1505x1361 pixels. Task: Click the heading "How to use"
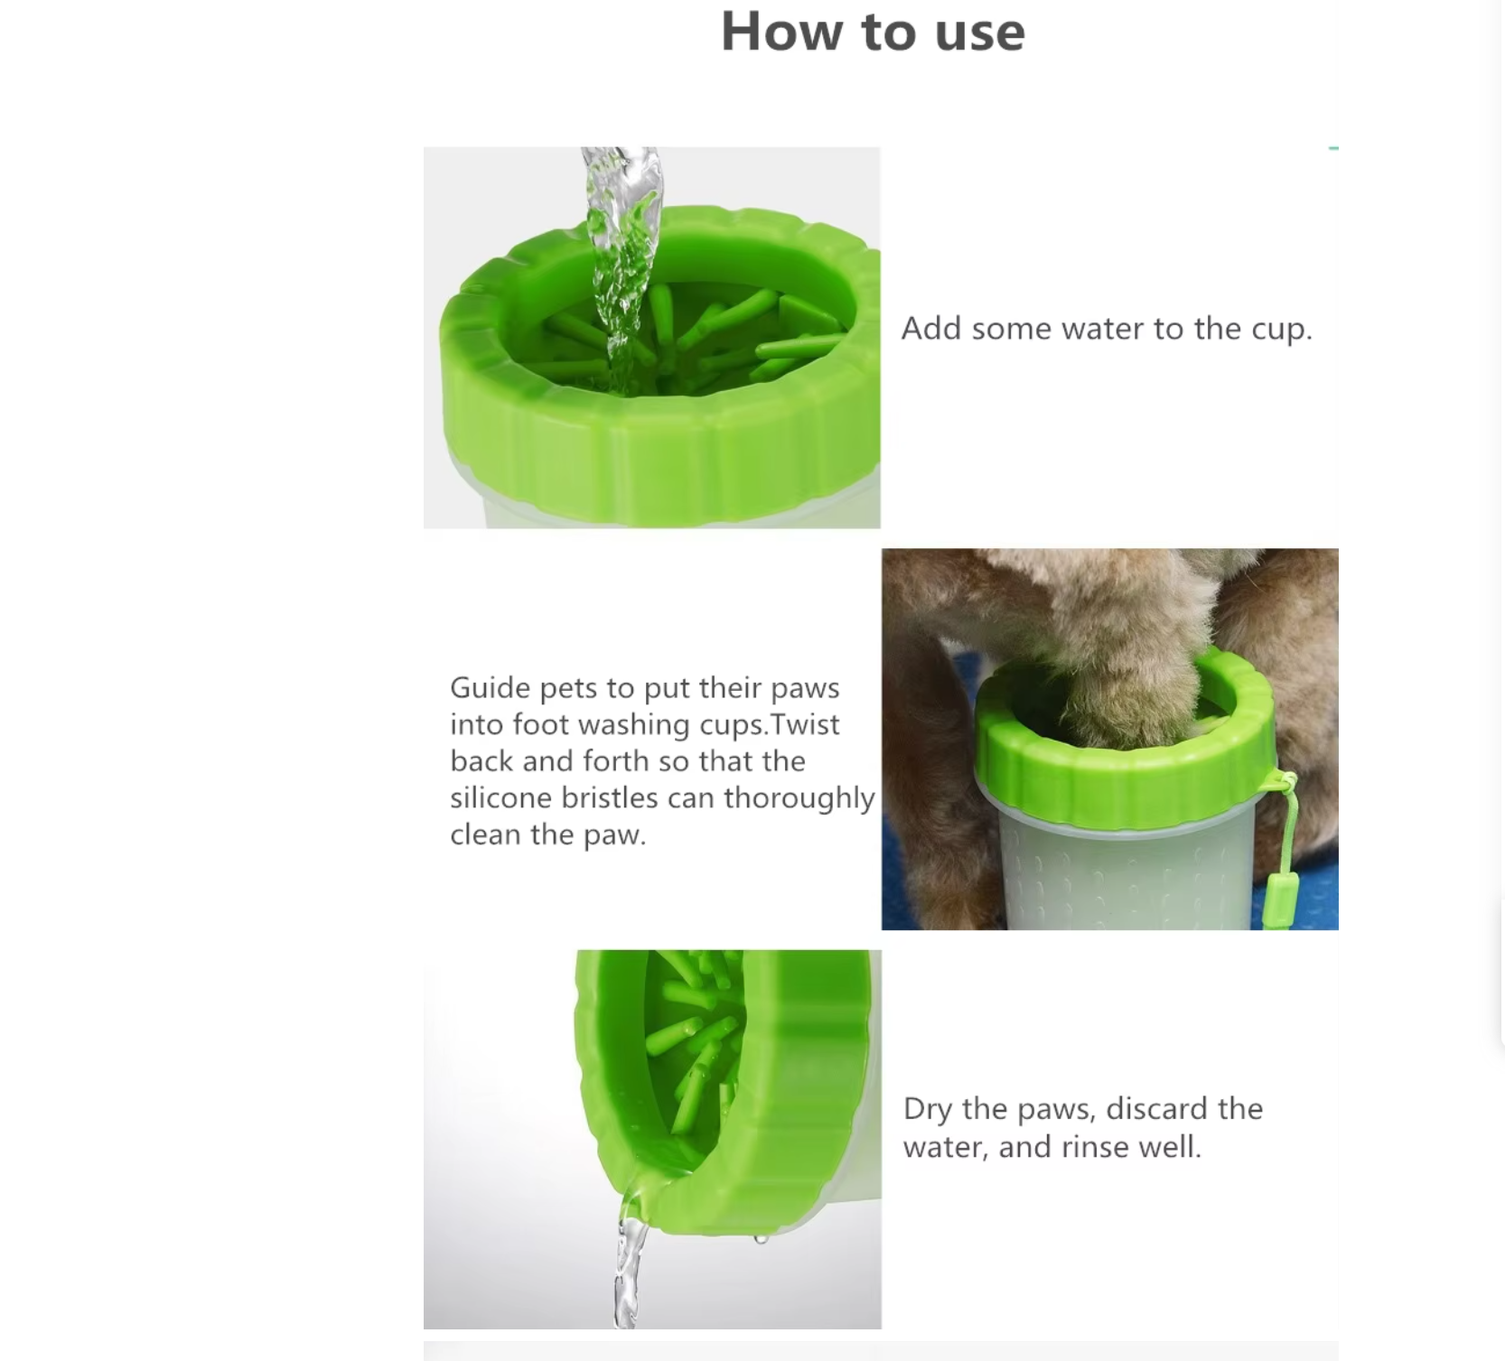[873, 32]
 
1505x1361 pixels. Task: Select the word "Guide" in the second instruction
[491, 688]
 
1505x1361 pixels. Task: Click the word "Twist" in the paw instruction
[806, 724]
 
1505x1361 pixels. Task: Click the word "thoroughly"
[799, 799]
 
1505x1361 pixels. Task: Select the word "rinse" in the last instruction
[1097, 1147]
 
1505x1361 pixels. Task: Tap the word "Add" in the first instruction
[931, 329]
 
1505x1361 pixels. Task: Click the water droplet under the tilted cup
[761, 1239]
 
